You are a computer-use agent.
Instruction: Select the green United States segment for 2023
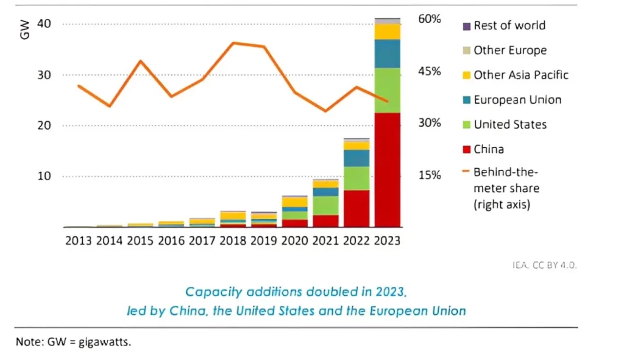pyautogui.click(x=388, y=90)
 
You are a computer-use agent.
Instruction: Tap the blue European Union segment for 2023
pyautogui.click(x=388, y=54)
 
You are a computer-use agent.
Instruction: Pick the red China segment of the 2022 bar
pyautogui.click(x=356, y=208)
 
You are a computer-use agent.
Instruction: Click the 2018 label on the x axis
pyautogui.click(x=233, y=240)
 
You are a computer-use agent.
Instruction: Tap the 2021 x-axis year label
pyautogui.click(x=326, y=240)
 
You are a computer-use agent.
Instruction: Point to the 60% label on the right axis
pyautogui.click(x=429, y=19)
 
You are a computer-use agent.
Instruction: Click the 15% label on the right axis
pyautogui.click(x=429, y=175)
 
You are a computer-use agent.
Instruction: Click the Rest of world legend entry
pyautogui.click(x=509, y=26)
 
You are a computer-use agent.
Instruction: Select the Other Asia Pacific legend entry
pyautogui.click(x=520, y=75)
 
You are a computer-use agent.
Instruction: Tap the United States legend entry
pyautogui.click(x=509, y=125)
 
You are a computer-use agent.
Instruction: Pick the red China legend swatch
pyautogui.click(x=467, y=150)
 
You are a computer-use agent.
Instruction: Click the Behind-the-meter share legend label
pyautogui.click(x=506, y=188)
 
